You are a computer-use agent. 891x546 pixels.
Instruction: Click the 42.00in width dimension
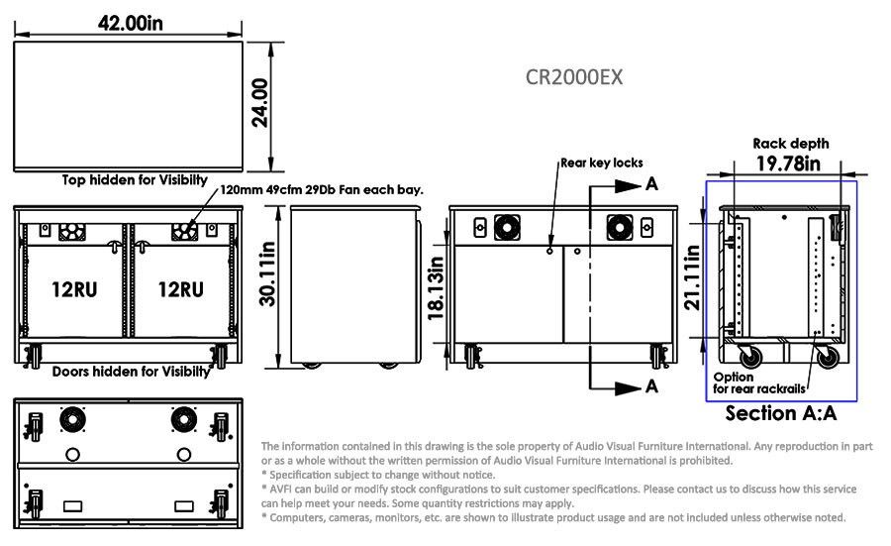130,24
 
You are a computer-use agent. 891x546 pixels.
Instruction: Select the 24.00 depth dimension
259,102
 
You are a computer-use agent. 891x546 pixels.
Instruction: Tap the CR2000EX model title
574,77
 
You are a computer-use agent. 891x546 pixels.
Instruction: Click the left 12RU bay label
74,289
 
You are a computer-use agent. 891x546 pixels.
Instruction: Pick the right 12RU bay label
181,289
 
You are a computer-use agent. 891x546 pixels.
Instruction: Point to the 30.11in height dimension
267,273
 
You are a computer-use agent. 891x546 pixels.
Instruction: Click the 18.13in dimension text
436,287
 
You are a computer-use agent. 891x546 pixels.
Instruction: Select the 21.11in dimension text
692,277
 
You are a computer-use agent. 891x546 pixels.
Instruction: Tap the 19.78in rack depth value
788,164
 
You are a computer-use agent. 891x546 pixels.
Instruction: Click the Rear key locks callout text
602,163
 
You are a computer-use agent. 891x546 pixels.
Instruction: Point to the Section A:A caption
781,413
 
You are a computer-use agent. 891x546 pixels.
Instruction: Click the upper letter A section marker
651,183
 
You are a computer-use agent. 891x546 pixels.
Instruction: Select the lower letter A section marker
651,386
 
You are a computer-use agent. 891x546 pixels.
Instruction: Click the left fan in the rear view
507,228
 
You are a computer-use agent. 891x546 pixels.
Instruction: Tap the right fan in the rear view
620,228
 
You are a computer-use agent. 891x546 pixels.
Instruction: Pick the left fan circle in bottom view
72,420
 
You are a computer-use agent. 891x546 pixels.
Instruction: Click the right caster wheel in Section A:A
828,357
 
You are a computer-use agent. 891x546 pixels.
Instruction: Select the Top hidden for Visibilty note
135,180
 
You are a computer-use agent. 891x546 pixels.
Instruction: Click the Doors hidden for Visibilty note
132,372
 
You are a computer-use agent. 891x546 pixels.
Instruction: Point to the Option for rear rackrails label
759,382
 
